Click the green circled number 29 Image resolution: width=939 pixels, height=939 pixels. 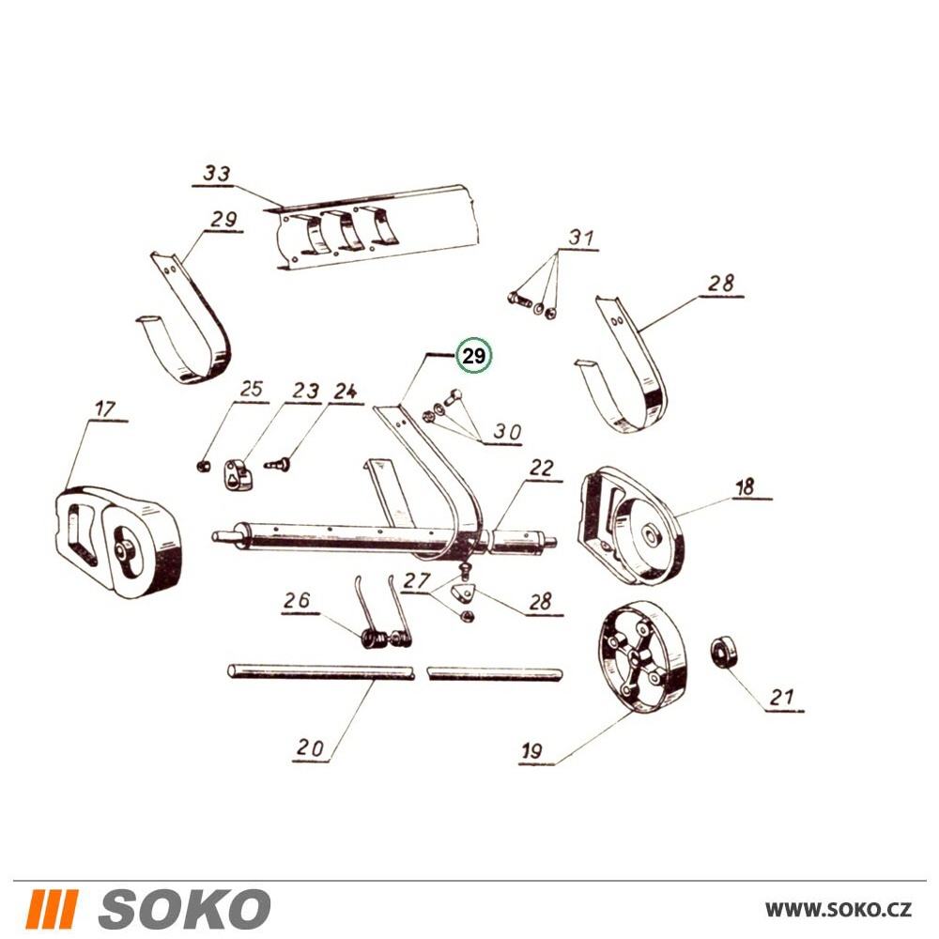coord(473,356)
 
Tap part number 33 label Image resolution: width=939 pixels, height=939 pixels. coord(216,174)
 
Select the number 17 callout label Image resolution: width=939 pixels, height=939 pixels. coord(104,409)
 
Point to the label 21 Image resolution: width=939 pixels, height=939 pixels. coord(781,697)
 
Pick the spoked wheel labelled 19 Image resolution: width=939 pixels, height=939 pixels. coord(642,658)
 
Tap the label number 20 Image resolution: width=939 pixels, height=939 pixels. coord(310,747)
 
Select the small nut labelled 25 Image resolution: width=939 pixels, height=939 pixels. coord(203,466)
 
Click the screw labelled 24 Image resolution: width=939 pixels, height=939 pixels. coord(277,464)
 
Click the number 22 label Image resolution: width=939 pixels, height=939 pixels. coord(542,468)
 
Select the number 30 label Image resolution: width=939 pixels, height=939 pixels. coord(507,432)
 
